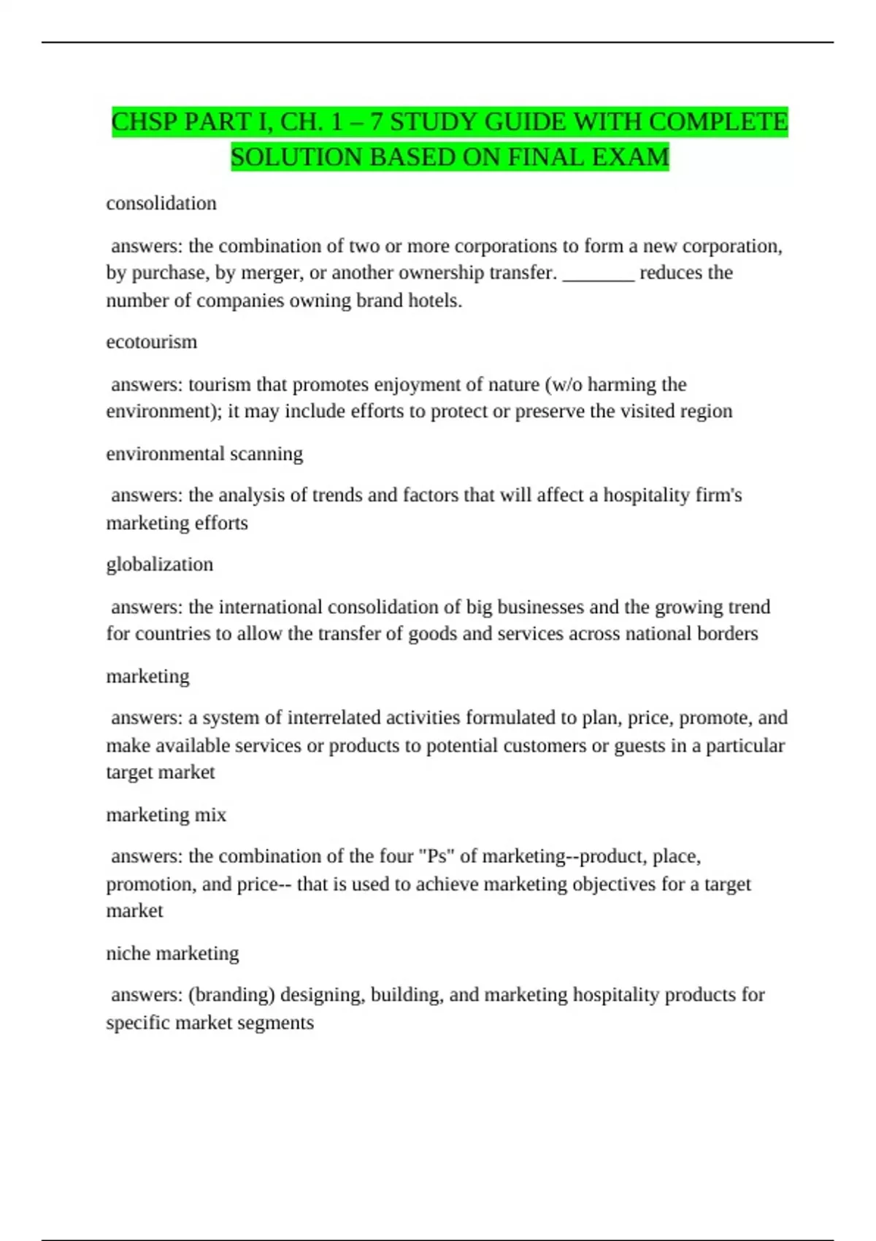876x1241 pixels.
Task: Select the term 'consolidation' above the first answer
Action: (161, 203)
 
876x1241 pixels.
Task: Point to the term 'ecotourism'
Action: (152, 342)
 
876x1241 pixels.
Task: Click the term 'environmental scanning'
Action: (204, 453)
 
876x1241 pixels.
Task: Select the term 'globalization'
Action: (160, 564)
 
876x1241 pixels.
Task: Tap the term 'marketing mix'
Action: (166, 815)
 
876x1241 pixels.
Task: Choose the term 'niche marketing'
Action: (173, 953)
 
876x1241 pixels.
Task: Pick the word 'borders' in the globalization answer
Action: (727, 634)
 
